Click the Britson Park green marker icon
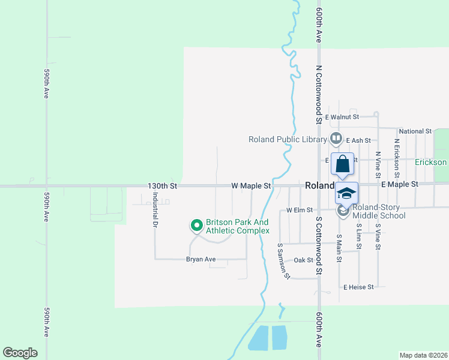coord(196,226)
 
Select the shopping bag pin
coord(342,164)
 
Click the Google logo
coord(20,353)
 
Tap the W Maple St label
coord(252,186)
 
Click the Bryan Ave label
coord(200,260)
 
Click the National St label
coord(415,131)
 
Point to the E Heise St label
coord(358,287)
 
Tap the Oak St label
coord(304,260)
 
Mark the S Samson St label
coord(283,261)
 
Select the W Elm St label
coord(300,210)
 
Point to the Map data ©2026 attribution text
coord(423,355)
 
